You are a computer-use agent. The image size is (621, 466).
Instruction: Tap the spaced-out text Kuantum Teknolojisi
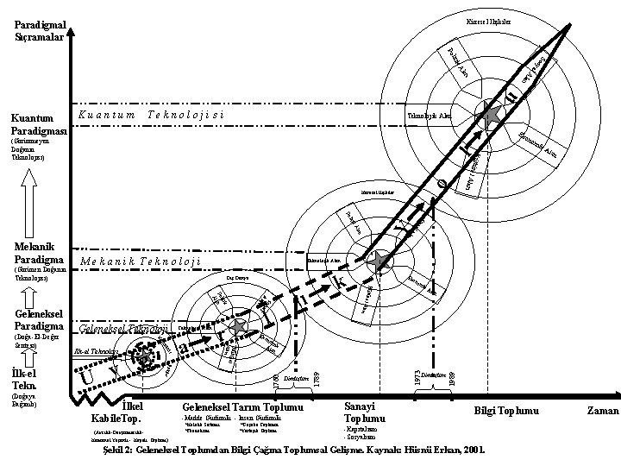coord(151,115)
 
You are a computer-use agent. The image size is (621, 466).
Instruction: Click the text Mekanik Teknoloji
coord(141,261)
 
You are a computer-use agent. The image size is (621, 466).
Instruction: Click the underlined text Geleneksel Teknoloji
coord(122,330)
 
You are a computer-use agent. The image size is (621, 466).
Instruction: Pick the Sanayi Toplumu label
coord(365,412)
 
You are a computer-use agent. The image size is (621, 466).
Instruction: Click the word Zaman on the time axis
coord(602,412)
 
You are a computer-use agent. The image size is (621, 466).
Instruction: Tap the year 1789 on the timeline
coord(316,379)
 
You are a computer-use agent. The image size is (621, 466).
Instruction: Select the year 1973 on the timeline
coord(417,377)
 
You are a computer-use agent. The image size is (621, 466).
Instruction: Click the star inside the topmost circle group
coord(492,114)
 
